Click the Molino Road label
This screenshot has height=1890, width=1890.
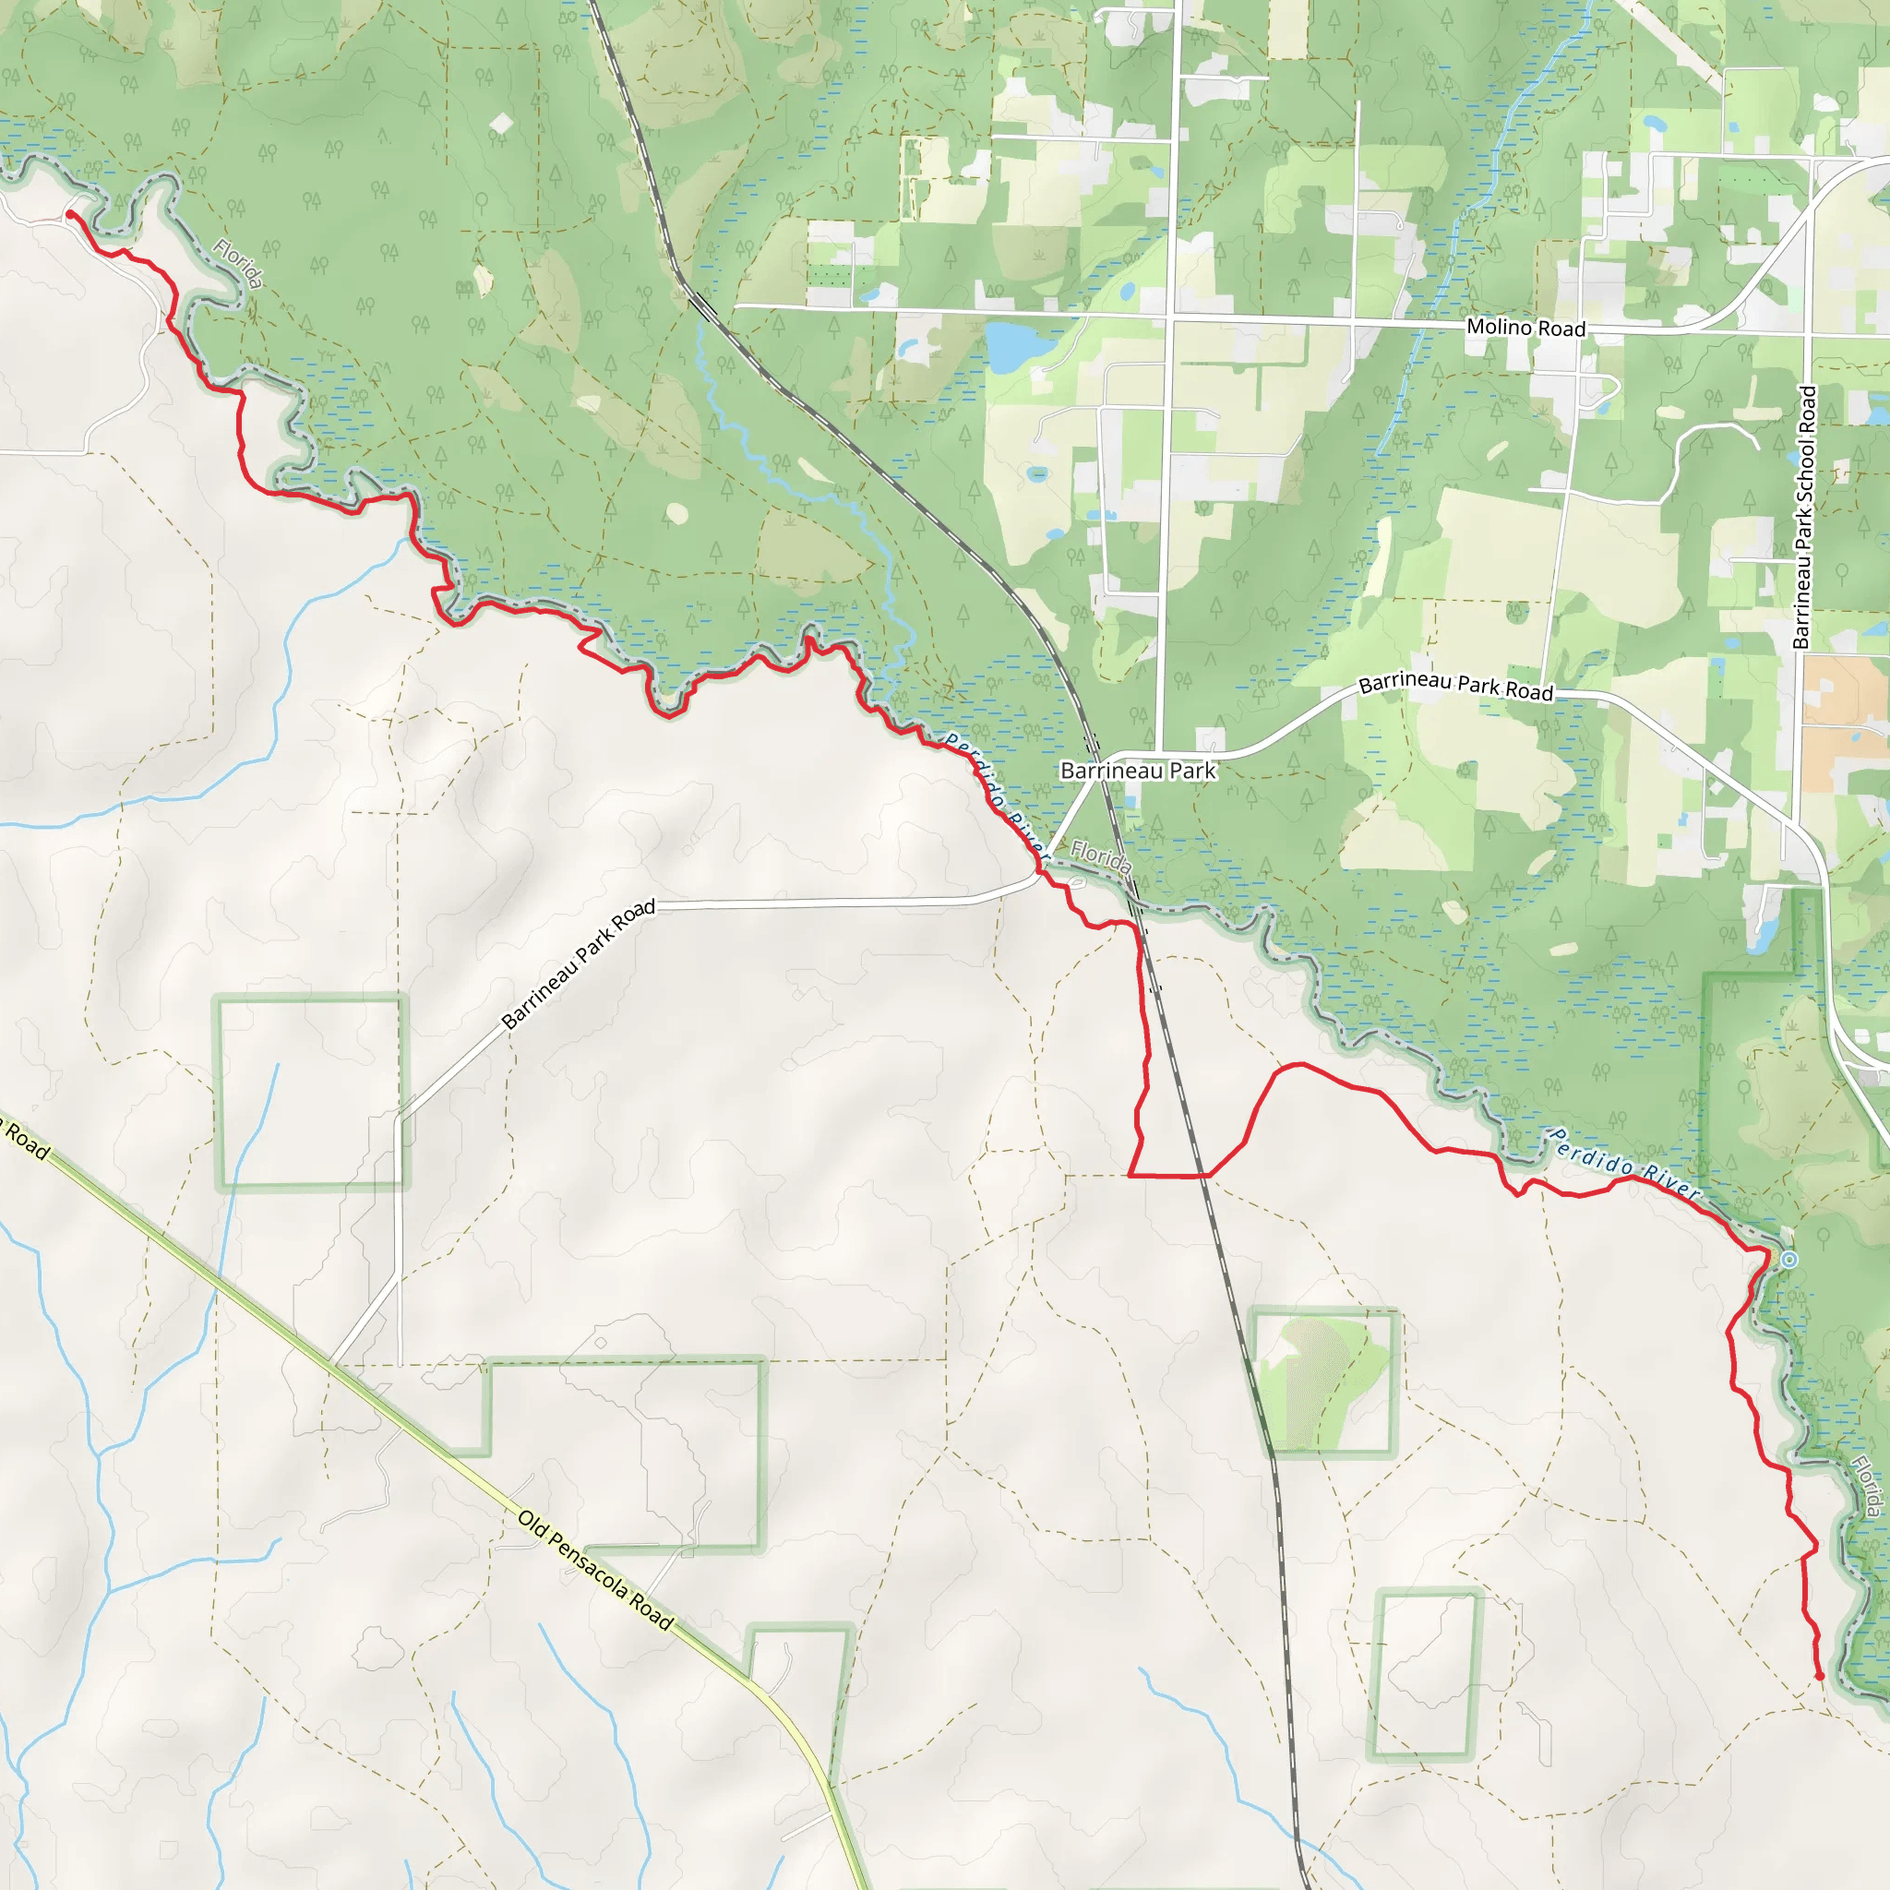point(1525,328)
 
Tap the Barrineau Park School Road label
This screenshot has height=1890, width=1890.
point(1805,517)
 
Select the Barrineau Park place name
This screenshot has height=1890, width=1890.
point(1138,771)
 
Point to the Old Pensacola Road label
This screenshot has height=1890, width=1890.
point(595,1570)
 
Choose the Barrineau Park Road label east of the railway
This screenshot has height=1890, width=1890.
point(1455,687)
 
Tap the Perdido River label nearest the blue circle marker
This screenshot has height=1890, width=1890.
point(1625,1164)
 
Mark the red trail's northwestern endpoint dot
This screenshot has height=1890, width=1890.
point(70,214)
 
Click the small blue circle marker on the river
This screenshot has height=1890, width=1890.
point(1788,1260)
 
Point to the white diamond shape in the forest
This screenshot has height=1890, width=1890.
point(501,124)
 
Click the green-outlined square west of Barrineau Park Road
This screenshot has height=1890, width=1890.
point(309,1093)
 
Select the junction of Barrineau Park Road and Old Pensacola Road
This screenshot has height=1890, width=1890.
point(332,1363)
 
